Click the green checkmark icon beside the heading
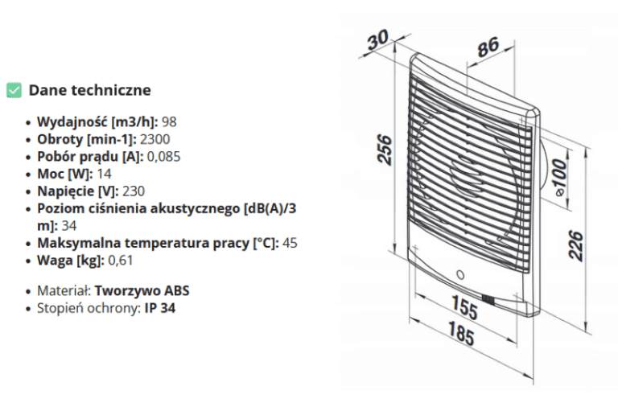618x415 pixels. coord(14,90)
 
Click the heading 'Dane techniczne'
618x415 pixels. coord(90,90)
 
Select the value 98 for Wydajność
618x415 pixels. coord(169,122)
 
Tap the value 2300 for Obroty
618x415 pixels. coord(154,139)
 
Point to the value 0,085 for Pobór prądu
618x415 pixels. coord(163,157)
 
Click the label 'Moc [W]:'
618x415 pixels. coord(65,174)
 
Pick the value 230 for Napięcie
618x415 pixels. coord(134,191)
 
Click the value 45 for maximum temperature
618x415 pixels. coord(290,243)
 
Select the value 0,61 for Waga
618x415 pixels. coord(120,261)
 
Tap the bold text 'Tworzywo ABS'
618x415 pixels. coord(142,291)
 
